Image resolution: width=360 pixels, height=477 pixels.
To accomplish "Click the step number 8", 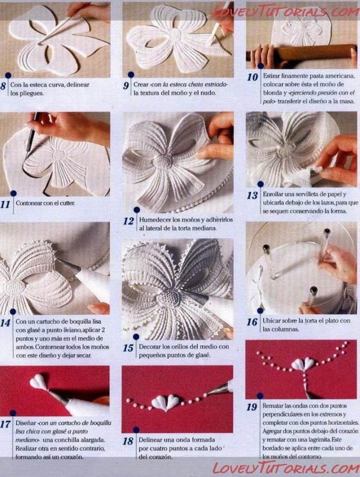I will pos(4,86).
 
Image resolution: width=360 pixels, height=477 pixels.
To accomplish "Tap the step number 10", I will pos(252,77).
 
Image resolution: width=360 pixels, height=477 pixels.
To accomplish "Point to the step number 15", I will pos(128,348).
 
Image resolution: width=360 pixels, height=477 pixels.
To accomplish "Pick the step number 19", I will pos(252,408).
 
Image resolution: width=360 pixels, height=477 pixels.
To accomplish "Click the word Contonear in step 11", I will pos(31,203).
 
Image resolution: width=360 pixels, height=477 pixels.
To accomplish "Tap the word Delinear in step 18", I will pos(154,440).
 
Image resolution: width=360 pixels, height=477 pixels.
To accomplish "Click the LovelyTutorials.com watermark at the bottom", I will pos(285,468).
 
